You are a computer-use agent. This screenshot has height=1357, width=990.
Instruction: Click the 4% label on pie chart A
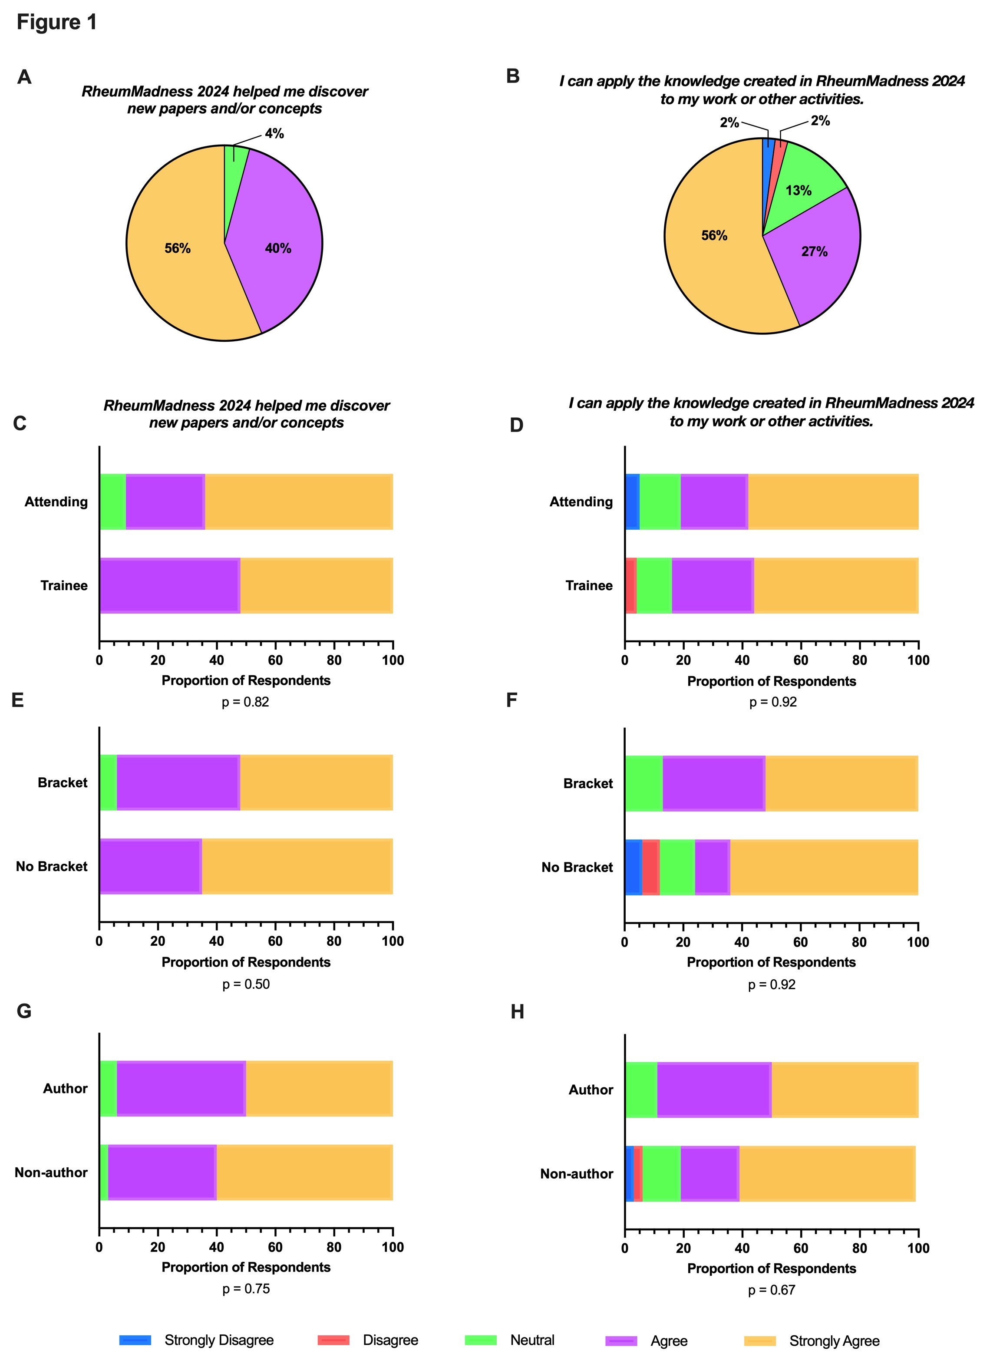(x=274, y=134)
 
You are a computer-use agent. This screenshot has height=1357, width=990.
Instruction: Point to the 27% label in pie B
(x=815, y=252)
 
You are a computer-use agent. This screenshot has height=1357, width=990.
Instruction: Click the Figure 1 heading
(x=57, y=22)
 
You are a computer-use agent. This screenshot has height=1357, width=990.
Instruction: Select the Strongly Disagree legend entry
(x=219, y=1340)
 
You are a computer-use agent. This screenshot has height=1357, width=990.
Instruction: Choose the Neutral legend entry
(x=532, y=1340)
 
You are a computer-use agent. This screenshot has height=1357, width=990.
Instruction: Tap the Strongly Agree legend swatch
(x=759, y=1341)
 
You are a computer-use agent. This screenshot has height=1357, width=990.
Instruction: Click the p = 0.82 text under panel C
(x=246, y=702)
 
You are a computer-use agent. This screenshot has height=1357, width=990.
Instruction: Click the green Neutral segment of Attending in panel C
(x=112, y=502)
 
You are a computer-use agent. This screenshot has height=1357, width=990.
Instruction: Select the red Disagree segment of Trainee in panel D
(x=630, y=586)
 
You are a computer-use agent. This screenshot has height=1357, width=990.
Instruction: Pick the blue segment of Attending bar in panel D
(x=632, y=502)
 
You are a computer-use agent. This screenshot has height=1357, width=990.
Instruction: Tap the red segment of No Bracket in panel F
(x=651, y=867)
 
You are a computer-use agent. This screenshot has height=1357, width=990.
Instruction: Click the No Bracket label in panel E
(x=52, y=866)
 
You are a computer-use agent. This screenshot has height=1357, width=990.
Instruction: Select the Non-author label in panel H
(x=577, y=1174)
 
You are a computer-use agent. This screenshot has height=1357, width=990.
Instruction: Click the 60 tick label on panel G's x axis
(x=275, y=1247)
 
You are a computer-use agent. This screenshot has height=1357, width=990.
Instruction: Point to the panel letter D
(x=517, y=425)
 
